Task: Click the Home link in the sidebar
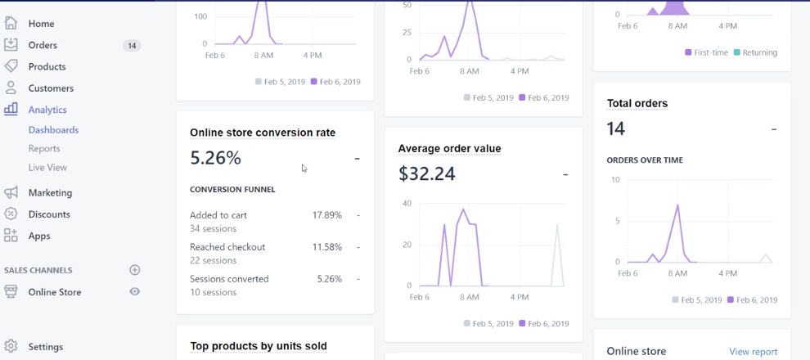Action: [x=41, y=24]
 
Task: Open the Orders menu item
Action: [x=43, y=45]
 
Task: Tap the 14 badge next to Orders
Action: [x=131, y=46]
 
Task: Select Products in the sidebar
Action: [x=47, y=66]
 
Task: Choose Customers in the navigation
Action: [x=51, y=88]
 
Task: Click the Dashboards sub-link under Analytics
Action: [x=53, y=130]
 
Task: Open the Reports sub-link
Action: [x=44, y=149]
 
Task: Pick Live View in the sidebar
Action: [x=47, y=168]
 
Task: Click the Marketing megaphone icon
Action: [x=11, y=192]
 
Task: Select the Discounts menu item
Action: [x=49, y=214]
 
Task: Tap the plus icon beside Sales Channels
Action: [x=135, y=270]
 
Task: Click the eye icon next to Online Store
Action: [x=135, y=292]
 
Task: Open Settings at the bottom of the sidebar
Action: [x=45, y=347]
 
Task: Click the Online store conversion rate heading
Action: [x=263, y=133]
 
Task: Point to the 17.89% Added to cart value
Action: [x=326, y=215]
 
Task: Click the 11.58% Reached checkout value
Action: [x=326, y=247]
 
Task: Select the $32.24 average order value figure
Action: [x=426, y=173]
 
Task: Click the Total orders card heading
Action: [x=637, y=103]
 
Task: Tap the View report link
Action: [x=753, y=352]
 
